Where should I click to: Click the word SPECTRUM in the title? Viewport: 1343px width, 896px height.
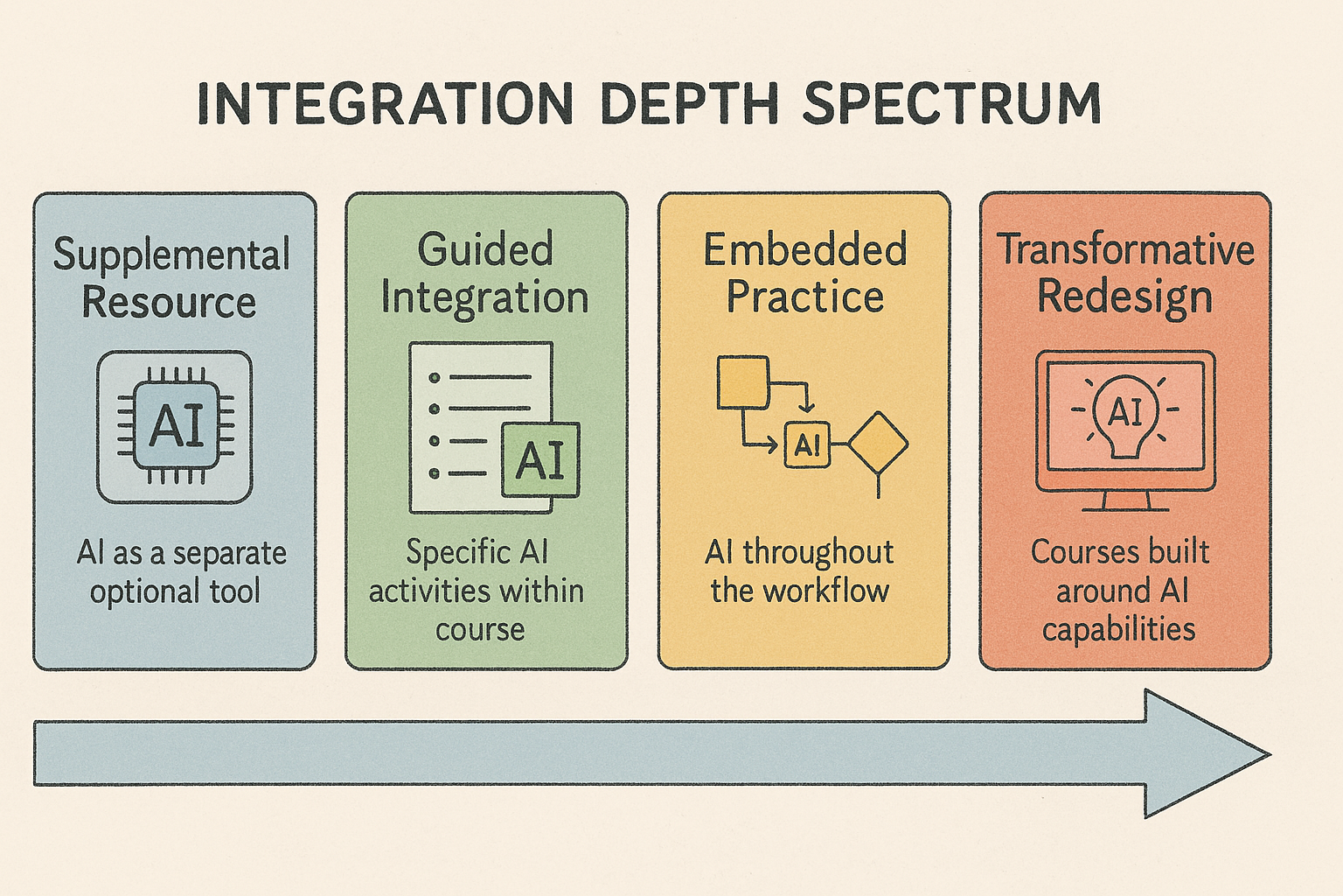point(951,104)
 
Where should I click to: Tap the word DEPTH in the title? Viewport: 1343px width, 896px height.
point(689,104)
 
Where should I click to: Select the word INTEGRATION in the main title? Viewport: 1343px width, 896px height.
point(385,104)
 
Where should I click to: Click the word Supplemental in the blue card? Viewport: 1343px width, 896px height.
point(171,255)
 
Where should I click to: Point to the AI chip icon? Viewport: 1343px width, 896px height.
point(175,427)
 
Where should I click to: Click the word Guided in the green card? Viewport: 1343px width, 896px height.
point(485,249)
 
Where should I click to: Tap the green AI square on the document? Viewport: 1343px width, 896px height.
point(540,460)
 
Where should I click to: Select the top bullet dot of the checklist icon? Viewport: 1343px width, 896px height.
point(435,377)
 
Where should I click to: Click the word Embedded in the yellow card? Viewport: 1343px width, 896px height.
point(804,249)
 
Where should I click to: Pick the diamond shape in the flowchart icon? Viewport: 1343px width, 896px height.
point(879,444)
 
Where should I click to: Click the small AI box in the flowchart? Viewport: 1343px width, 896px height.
point(808,445)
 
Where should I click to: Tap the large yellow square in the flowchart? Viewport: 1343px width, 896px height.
point(743,383)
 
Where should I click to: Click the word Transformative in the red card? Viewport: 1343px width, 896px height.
point(1125,249)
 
